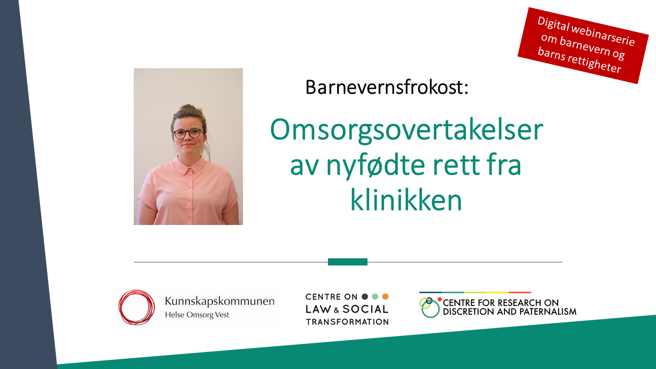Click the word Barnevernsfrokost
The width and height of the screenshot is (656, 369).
[x=387, y=87]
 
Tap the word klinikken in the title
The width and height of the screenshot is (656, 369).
[x=406, y=200]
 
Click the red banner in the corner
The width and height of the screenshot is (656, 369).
[x=583, y=46]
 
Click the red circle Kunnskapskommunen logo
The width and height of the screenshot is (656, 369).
[x=136, y=307]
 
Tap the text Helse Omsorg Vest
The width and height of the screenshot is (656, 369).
[x=197, y=315]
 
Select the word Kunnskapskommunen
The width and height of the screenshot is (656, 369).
[x=220, y=301]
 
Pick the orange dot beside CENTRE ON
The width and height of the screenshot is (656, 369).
[x=385, y=297]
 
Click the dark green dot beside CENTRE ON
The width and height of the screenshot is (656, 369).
[x=365, y=297]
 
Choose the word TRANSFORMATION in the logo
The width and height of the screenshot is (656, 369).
[x=347, y=322]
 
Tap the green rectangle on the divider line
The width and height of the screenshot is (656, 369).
[x=347, y=262]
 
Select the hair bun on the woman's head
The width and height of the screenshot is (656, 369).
[x=188, y=108]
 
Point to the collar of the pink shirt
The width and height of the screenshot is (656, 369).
[x=189, y=165]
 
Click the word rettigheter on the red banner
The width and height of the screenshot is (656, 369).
[x=594, y=63]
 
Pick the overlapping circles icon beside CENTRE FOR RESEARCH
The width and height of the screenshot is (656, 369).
[x=430, y=307]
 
